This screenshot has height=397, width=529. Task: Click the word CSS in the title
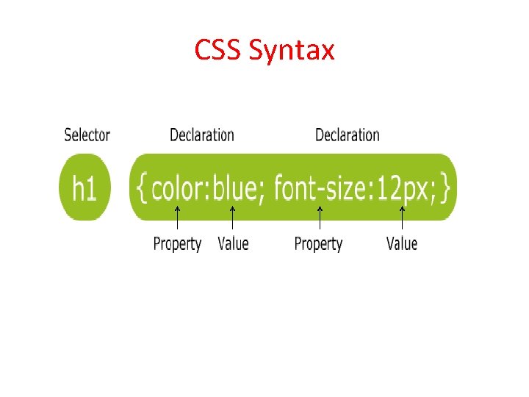[x=218, y=50]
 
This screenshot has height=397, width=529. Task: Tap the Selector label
[x=87, y=135]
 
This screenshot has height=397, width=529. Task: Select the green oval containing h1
[x=84, y=188]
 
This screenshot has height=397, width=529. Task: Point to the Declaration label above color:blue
[x=201, y=135]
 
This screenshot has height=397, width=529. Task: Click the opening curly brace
[x=143, y=187]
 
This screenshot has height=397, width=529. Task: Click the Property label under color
[x=177, y=244]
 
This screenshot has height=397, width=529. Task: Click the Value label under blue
[x=233, y=243]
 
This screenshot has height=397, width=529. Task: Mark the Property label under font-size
[x=318, y=244]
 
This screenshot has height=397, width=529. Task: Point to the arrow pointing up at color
[x=177, y=220]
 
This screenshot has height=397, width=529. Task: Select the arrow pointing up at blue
[x=232, y=220]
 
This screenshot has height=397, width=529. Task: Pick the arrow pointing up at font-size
[x=319, y=220]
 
